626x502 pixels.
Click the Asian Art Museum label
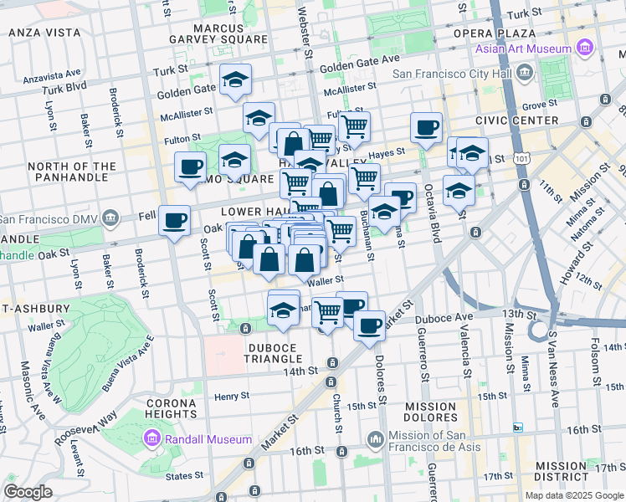(x=523, y=48)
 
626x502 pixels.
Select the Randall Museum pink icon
(x=151, y=438)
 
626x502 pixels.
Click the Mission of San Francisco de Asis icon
(x=375, y=438)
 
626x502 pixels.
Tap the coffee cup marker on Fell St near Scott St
(x=174, y=221)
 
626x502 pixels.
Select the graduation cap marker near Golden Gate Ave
(x=236, y=81)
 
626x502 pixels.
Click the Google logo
(x=28, y=492)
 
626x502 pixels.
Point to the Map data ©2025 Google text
(x=573, y=495)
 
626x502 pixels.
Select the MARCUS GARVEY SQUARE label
(x=218, y=32)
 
